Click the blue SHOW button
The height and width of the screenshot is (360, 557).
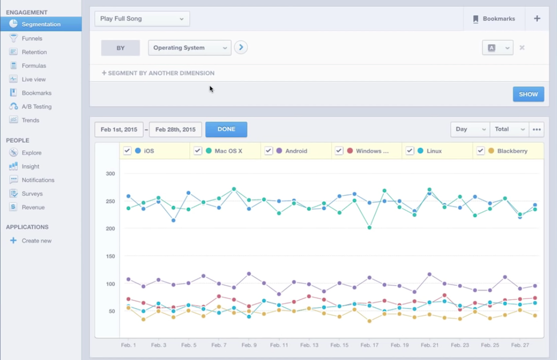point(528,94)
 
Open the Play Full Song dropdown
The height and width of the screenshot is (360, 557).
point(142,19)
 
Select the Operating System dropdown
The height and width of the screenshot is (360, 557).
point(189,48)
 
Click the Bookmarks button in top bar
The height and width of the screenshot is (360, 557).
point(494,19)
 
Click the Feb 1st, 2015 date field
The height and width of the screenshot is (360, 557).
point(119,129)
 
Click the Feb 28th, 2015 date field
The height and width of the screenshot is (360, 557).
point(175,129)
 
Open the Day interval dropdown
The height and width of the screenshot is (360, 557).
point(469,129)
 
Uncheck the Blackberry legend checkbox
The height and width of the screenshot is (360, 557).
point(481,151)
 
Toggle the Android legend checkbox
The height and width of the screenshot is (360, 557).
point(269,151)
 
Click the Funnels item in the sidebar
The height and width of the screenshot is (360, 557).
point(32,38)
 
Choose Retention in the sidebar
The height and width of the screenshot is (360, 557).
point(34,52)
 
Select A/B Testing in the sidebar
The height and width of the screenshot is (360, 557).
point(37,106)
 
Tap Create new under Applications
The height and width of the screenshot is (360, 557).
point(37,240)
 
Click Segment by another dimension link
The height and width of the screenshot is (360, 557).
point(158,73)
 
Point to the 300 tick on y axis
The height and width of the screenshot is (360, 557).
point(110,173)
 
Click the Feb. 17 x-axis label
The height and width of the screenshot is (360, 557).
point(369,345)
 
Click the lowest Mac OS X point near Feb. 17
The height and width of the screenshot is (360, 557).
point(369,228)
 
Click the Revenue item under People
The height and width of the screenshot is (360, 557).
point(33,207)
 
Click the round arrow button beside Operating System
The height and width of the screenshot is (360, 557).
point(241,47)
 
